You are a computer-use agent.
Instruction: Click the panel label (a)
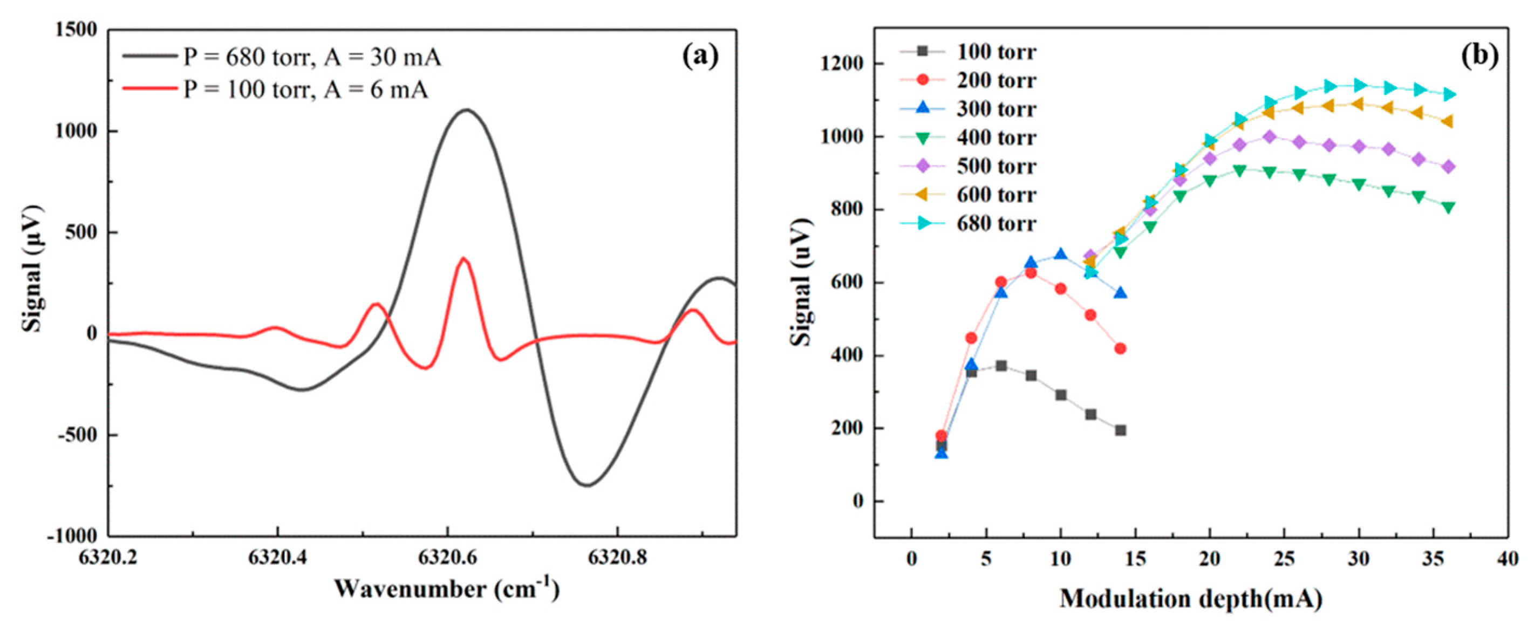tap(700, 56)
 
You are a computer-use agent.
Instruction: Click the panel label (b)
tap(1480, 55)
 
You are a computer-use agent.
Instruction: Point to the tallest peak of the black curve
tap(466, 110)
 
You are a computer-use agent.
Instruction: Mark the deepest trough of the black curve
tap(587, 485)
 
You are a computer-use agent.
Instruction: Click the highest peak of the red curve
tap(463, 258)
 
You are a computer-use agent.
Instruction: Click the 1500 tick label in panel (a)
tap(76, 30)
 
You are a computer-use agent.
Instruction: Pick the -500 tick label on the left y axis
tap(76, 435)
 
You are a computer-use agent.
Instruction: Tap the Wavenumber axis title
tap(447, 589)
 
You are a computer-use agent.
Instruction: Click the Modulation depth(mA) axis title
tap(1191, 598)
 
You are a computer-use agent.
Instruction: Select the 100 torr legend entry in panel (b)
tap(996, 52)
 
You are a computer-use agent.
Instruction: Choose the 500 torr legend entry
tap(996, 166)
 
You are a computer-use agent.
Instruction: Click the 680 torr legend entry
tap(996, 224)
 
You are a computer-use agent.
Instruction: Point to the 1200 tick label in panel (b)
tap(841, 64)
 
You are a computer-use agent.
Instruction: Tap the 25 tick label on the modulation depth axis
tap(1284, 560)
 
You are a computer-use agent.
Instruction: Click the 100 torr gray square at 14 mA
tap(1120, 430)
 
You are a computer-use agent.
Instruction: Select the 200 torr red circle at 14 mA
tap(1120, 349)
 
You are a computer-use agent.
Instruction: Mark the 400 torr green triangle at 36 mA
tap(1448, 207)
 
